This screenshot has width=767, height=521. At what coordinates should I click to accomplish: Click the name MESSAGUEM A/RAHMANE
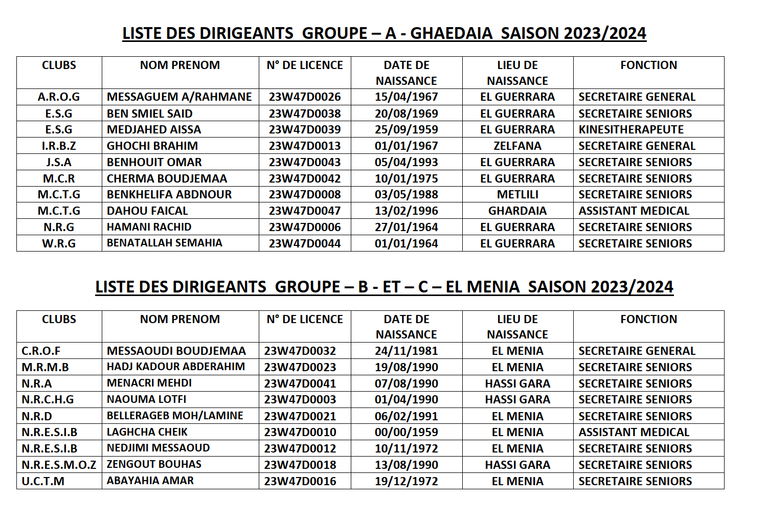tap(179, 97)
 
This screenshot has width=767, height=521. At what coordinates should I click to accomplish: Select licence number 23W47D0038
tap(305, 114)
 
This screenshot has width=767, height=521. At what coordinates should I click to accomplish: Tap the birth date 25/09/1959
tap(406, 130)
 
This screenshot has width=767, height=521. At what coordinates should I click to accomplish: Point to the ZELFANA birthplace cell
tap(517, 146)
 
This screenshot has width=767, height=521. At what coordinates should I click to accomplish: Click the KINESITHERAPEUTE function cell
tap(631, 130)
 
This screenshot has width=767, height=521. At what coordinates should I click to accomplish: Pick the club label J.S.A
tap(59, 163)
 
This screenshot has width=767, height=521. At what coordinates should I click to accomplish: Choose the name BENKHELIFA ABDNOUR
tap(169, 195)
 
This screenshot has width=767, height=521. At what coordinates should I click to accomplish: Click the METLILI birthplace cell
tap(517, 195)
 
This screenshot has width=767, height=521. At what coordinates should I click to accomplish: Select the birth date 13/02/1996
tap(406, 211)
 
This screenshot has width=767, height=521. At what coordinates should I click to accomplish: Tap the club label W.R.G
tap(59, 244)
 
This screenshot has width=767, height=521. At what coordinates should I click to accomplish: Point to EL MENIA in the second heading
tap(482, 287)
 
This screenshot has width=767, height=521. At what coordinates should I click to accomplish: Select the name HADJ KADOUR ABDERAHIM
tap(176, 367)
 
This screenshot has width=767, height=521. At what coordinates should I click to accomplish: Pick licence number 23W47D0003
tap(300, 400)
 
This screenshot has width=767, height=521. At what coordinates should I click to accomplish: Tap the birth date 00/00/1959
tap(406, 433)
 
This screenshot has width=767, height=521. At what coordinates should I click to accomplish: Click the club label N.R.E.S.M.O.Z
tap(59, 465)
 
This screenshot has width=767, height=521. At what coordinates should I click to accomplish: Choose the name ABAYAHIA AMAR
tap(150, 481)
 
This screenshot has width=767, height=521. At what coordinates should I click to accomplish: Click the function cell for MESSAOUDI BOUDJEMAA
tap(637, 351)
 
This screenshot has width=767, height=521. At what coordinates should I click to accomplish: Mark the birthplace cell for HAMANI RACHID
tap(517, 228)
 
